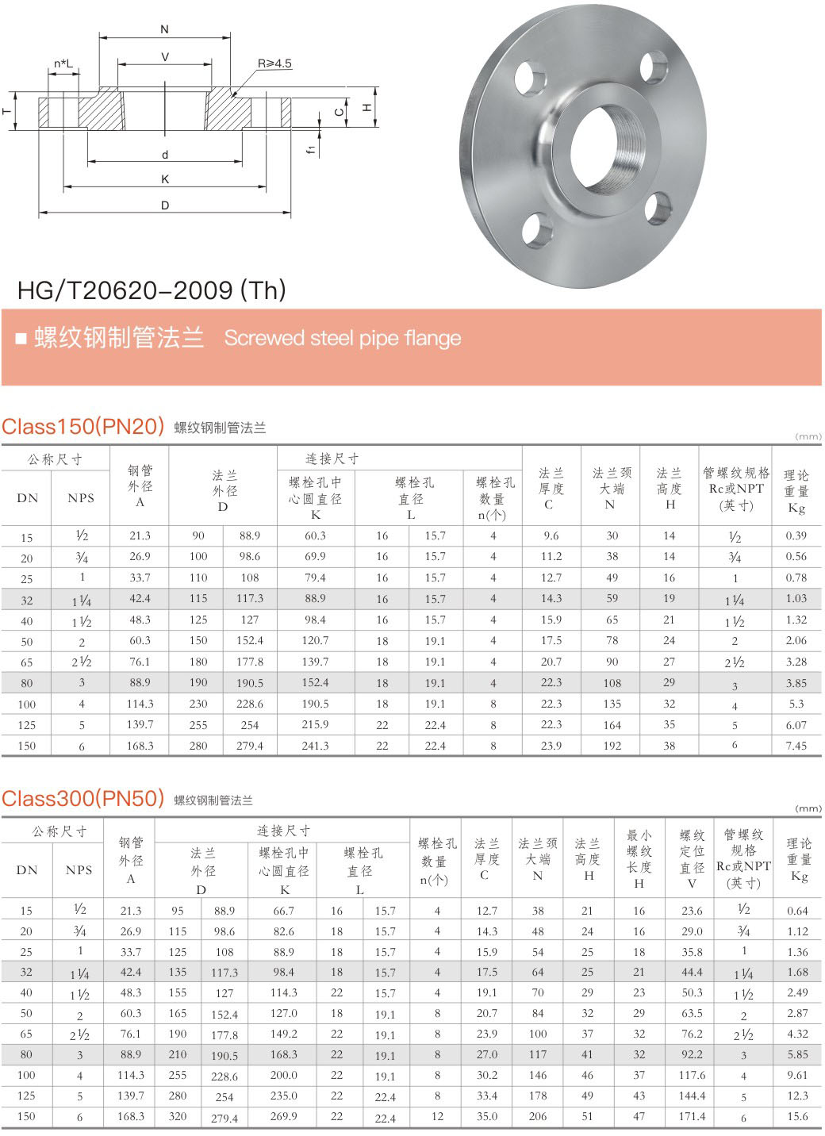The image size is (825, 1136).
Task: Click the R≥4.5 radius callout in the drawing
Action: coord(274,63)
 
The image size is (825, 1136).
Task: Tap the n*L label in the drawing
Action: coord(63,63)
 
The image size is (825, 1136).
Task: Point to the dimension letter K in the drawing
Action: coord(165,179)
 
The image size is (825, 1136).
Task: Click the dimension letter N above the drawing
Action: coord(165,29)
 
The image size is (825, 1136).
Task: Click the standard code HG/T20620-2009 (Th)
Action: coord(152,290)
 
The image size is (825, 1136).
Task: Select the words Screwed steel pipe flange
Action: coord(342,338)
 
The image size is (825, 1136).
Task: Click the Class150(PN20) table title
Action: coord(82,427)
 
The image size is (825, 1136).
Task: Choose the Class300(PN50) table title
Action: coord(82,799)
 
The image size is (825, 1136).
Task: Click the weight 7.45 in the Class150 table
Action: coord(796,746)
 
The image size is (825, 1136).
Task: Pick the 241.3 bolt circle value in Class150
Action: coord(315,746)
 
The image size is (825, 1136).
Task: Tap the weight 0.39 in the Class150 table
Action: coord(796,535)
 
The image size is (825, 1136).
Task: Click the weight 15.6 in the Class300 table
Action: coord(797,1116)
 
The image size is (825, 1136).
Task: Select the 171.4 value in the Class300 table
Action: coord(692,1116)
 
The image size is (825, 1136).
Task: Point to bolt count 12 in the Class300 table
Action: coord(437,1116)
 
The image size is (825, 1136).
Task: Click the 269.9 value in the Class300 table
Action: coord(283,1116)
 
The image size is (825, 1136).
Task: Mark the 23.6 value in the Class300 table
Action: coord(692,911)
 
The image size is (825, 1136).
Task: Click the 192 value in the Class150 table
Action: coord(612,746)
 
